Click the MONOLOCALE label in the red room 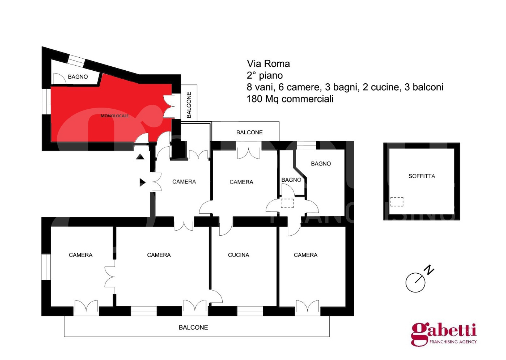point(114,116)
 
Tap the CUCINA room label point(238,255)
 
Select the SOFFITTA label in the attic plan point(422,176)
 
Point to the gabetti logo point(444,334)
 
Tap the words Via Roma point(268,64)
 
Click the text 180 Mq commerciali point(290,99)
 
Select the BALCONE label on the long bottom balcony point(193,327)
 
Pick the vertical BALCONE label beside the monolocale point(189,105)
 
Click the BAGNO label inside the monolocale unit point(78,77)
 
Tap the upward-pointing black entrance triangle point(140,157)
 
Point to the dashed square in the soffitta point(397,202)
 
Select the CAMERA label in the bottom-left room point(81,255)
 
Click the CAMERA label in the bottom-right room point(305,255)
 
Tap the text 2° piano point(265,75)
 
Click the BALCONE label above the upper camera point(249,132)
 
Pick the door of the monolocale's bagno point(60,79)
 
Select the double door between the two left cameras point(110,277)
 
